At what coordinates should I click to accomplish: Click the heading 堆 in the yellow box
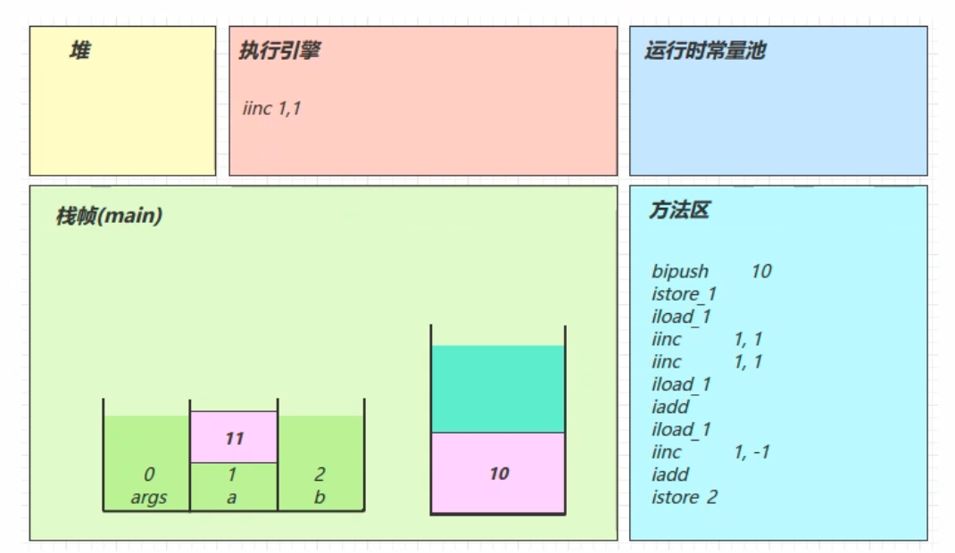pyautogui.click(x=79, y=52)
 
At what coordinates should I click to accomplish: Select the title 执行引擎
pyautogui.click(x=279, y=51)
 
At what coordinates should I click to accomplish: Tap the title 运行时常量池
pyautogui.click(x=705, y=51)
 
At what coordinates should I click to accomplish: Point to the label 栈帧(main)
pyautogui.click(x=109, y=216)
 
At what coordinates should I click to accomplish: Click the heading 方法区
pyautogui.click(x=678, y=210)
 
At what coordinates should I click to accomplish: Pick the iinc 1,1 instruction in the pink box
pyautogui.click(x=272, y=109)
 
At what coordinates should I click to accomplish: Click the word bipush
pyautogui.click(x=680, y=271)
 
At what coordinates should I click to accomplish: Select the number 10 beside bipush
pyautogui.click(x=761, y=271)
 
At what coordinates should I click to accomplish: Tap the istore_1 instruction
pyautogui.click(x=685, y=293)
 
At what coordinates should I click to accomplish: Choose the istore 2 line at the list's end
pyautogui.click(x=685, y=497)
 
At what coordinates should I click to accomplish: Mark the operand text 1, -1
pyautogui.click(x=752, y=452)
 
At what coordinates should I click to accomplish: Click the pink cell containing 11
pyautogui.click(x=234, y=438)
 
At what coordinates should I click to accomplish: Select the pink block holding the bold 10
pyautogui.click(x=498, y=473)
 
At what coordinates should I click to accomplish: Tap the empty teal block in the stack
pyautogui.click(x=498, y=389)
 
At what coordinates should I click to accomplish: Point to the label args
pyautogui.click(x=148, y=498)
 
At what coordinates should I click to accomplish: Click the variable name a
pyautogui.click(x=232, y=498)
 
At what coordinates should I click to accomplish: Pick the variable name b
pyautogui.click(x=320, y=498)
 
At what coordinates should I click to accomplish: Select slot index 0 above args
pyautogui.click(x=148, y=476)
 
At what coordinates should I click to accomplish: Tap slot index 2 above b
pyautogui.click(x=320, y=476)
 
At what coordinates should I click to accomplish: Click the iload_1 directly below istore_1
pyautogui.click(x=681, y=316)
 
